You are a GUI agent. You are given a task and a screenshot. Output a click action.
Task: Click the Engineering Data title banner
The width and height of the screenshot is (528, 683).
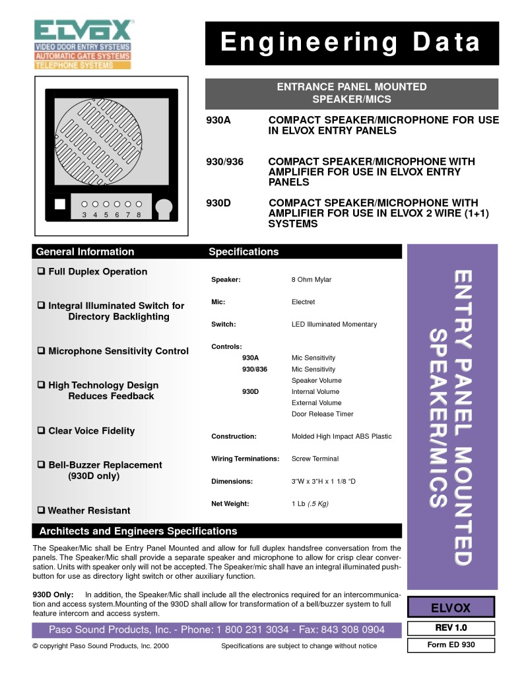[352, 43]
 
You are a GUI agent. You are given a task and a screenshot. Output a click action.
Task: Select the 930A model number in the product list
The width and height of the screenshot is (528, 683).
[218, 120]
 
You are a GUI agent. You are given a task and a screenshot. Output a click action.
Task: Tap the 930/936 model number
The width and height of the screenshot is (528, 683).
[225, 162]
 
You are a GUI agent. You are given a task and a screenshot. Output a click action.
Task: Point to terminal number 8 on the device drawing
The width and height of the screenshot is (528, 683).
[139, 214]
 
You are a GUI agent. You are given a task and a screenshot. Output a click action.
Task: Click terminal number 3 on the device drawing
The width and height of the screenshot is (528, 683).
[84, 214]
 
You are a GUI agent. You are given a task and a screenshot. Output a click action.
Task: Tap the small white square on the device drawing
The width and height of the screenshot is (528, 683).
[60, 204]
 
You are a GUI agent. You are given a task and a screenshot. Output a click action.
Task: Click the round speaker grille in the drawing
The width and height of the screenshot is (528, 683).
[98, 142]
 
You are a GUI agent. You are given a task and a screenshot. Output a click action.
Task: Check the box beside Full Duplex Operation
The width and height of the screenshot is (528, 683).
[41, 271]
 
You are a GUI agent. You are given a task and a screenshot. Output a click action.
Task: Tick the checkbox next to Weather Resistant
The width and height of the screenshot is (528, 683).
[41, 509]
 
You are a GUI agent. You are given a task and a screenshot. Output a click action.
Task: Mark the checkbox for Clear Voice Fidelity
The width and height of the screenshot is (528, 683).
[41, 430]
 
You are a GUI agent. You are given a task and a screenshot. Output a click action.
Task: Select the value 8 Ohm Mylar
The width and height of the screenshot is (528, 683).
[312, 280]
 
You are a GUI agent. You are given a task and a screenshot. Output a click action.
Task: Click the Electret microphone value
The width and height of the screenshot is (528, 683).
[303, 302]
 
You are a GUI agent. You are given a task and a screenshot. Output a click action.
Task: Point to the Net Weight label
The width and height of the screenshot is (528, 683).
[230, 504]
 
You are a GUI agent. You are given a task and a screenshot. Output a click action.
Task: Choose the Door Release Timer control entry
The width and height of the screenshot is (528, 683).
[322, 414]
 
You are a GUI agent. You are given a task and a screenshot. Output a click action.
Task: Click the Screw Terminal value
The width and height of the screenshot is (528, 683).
[315, 459]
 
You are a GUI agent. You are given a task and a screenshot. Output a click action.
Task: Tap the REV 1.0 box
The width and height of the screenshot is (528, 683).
[451, 628]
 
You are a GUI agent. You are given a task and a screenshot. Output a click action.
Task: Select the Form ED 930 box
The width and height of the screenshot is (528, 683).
[451, 645]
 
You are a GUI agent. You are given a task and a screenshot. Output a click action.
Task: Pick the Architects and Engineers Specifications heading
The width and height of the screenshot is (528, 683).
[138, 531]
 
